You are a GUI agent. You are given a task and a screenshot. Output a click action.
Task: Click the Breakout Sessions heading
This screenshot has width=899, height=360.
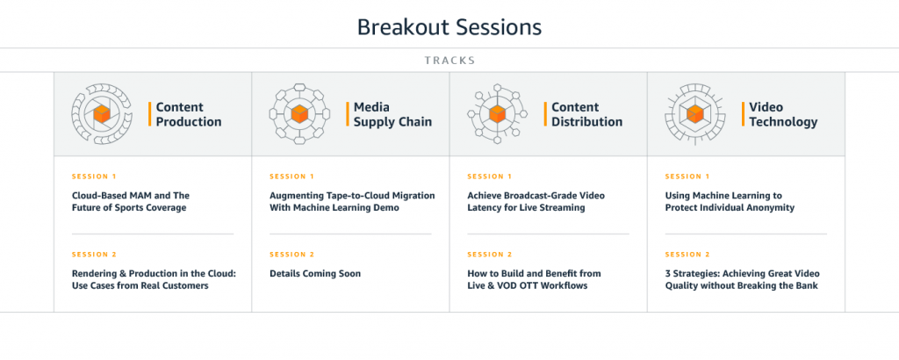click(449, 27)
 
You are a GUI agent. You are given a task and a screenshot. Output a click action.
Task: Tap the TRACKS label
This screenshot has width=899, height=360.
click(450, 61)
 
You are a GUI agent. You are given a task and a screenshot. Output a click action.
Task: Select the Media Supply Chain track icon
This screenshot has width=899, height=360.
click(299, 113)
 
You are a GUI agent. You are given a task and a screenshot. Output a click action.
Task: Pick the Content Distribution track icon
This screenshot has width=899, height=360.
click(497, 113)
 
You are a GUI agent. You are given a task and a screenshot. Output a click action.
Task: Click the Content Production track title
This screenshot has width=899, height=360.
click(189, 114)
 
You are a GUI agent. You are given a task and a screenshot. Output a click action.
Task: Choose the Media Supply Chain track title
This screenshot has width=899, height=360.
click(392, 114)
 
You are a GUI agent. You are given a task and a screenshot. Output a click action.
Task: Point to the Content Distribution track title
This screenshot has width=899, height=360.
click(587, 114)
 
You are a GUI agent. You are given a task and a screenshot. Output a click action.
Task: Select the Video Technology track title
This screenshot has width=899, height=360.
click(783, 114)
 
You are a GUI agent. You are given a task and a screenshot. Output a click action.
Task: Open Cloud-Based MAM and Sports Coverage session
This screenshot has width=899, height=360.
click(130, 202)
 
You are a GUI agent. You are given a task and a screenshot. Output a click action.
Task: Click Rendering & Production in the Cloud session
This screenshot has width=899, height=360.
click(154, 279)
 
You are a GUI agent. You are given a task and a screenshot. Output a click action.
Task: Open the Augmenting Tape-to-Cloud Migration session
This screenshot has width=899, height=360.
click(352, 202)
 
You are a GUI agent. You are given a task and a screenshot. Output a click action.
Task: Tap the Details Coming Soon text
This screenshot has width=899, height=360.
click(315, 273)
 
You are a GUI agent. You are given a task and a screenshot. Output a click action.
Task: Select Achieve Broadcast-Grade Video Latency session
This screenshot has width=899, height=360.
click(536, 202)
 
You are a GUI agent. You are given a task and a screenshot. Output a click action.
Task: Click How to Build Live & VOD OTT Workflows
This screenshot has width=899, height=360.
click(534, 279)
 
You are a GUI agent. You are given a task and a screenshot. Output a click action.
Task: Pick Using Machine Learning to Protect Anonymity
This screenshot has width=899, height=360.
click(730, 202)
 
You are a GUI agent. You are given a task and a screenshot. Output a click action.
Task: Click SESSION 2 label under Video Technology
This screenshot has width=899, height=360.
click(687, 254)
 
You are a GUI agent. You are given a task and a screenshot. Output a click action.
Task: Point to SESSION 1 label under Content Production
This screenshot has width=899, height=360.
click(93, 176)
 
